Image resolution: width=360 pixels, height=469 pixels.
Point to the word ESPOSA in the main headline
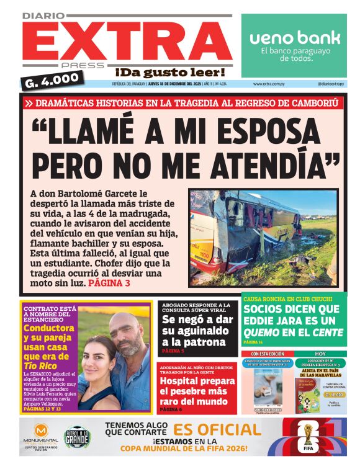pyautogui.click(x=267, y=129)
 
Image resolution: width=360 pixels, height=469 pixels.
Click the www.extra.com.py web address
pyautogui.click(x=269, y=84)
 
